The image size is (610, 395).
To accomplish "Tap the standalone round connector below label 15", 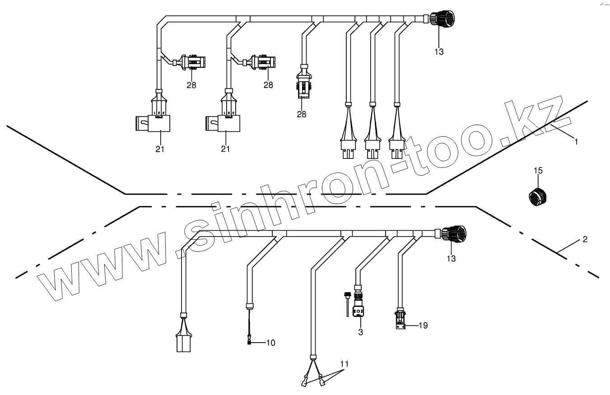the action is (538, 196).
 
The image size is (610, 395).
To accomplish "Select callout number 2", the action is (585, 240).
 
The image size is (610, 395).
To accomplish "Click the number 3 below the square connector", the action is (360, 332).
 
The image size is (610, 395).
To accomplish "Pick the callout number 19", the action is (423, 325).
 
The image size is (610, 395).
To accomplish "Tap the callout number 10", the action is (270, 343).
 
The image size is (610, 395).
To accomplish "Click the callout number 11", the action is (345, 364).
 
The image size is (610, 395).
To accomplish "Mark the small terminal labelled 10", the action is (249, 342).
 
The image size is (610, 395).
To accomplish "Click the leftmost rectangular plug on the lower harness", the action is (183, 343).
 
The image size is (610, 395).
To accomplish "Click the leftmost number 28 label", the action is (191, 85).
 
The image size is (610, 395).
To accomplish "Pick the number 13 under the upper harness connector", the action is (439, 51).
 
